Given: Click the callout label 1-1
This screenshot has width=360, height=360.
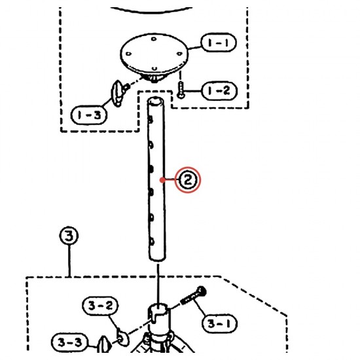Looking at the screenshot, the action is tap(219, 43).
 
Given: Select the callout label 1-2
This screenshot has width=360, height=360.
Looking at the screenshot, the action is tap(219, 91).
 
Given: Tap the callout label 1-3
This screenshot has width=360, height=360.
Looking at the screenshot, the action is tap(89, 115).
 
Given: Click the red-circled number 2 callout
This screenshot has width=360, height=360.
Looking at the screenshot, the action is tap(188, 180).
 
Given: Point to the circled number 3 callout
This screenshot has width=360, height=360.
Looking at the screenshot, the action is tap(69, 236).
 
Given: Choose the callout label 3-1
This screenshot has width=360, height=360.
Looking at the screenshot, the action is tap(219, 323).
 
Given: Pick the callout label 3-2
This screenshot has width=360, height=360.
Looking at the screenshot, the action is tap(100, 306).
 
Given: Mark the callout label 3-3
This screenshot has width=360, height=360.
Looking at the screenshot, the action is tap(70, 342).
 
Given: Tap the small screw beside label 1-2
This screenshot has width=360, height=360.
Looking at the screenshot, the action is tap(181, 90).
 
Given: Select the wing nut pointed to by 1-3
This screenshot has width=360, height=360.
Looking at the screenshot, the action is tap(118, 93).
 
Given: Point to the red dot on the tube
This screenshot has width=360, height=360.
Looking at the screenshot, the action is tap(162, 180).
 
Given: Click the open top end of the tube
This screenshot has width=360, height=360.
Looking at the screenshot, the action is tap(155, 101).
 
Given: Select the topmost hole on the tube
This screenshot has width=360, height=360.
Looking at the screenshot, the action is tap(151, 119).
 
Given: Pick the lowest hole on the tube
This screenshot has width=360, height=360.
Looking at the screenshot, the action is tap(152, 242).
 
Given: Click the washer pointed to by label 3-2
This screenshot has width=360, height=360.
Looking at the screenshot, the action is tap(122, 338).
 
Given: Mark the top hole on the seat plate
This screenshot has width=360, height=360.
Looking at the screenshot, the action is tap(154, 39).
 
